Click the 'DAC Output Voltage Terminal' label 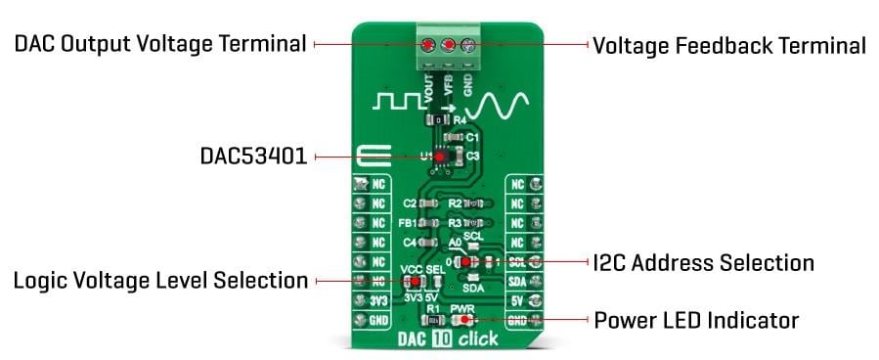pyautogui.click(x=160, y=44)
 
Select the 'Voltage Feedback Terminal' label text pyautogui.click(x=728, y=45)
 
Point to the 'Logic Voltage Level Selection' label pyautogui.click(x=160, y=281)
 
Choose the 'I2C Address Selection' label pyautogui.click(x=703, y=262)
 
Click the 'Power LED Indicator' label pyautogui.click(x=696, y=320)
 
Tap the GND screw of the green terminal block pyautogui.click(x=468, y=45)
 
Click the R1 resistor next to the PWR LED pyautogui.click(x=431, y=320)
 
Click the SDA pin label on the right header pyautogui.click(x=518, y=282)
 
